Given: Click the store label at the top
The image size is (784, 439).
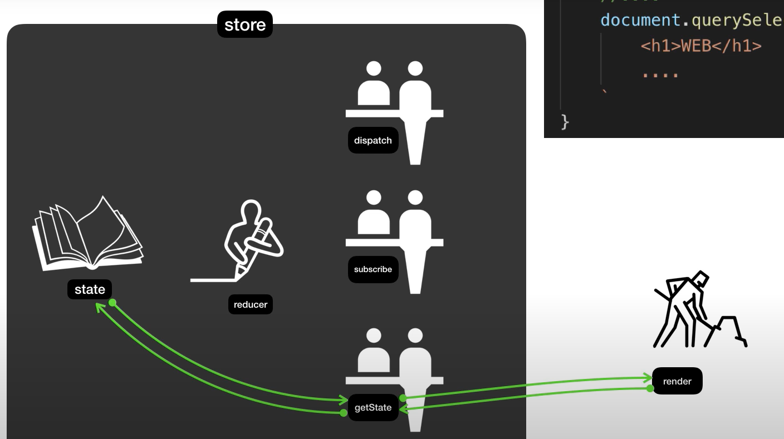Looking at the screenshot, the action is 245,25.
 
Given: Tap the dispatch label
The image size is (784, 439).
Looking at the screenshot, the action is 373,141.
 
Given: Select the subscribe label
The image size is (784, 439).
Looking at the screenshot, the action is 373,269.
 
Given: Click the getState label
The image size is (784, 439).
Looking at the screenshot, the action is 373,408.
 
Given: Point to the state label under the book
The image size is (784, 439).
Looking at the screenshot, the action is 90,289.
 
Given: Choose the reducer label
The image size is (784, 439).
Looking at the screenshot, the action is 251,304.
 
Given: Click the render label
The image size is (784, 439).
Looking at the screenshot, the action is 677,382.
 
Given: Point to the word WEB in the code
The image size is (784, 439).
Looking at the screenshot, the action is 692,46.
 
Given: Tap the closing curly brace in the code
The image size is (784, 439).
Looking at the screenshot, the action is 565,121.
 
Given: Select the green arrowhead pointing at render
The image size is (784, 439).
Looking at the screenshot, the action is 649,378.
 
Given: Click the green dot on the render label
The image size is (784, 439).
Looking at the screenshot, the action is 650,388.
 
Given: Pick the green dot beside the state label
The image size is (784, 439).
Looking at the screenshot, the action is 112,302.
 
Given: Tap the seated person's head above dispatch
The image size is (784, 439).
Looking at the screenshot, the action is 374,68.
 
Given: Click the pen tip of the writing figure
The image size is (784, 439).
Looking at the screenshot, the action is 239,273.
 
